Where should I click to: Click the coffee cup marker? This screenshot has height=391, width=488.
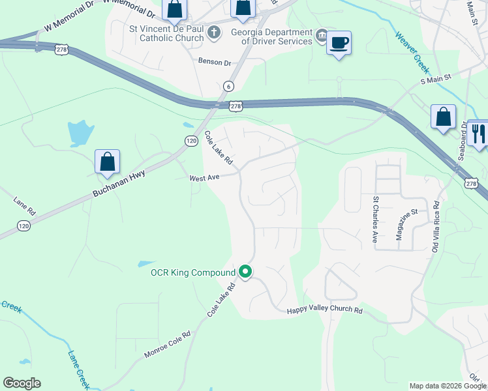point(338,43)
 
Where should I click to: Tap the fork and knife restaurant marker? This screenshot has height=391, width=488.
point(480,133)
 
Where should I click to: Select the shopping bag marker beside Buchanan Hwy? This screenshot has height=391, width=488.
point(107,162)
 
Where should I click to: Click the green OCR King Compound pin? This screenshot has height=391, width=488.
point(245,272)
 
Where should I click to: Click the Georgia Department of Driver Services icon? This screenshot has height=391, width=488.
point(322,34)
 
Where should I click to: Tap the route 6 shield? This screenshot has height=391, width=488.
point(228,86)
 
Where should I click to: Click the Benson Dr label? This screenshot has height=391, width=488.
point(215,63)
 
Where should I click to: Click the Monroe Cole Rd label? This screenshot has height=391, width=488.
point(168,345)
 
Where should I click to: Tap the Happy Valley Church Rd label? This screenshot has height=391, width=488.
point(324,311)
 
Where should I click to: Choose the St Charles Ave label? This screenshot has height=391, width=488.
point(375,218)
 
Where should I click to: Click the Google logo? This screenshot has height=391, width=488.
point(22,383)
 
